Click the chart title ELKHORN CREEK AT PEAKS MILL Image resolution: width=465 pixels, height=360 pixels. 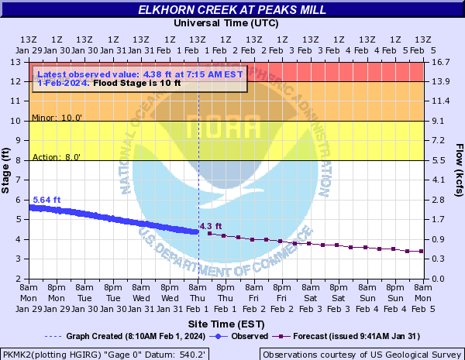[232, 10]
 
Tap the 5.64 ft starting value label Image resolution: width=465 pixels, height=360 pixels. [46, 200]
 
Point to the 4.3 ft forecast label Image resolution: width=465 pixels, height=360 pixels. [211, 226]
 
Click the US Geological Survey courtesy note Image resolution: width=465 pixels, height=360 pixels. [361, 353]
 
